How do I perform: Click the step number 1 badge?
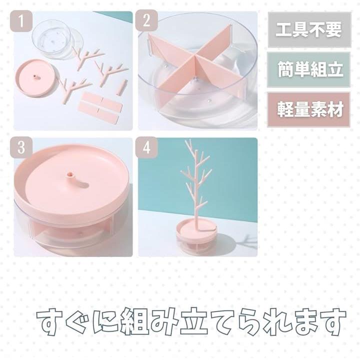pyautogui.click(x=21, y=21)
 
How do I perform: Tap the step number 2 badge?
pyautogui.click(x=146, y=20)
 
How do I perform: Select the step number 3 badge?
pyautogui.click(x=21, y=147)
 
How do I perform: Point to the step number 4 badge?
pyautogui.click(x=146, y=147)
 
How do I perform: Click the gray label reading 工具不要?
pyautogui.click(x=309, y=30)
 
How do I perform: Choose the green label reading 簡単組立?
pyautogui.click(x=309, y=69)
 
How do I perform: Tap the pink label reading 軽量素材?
pyautogui.click(x=309, y=109)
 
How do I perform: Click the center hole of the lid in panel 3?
pyautogui.click(x=69, y=175)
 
